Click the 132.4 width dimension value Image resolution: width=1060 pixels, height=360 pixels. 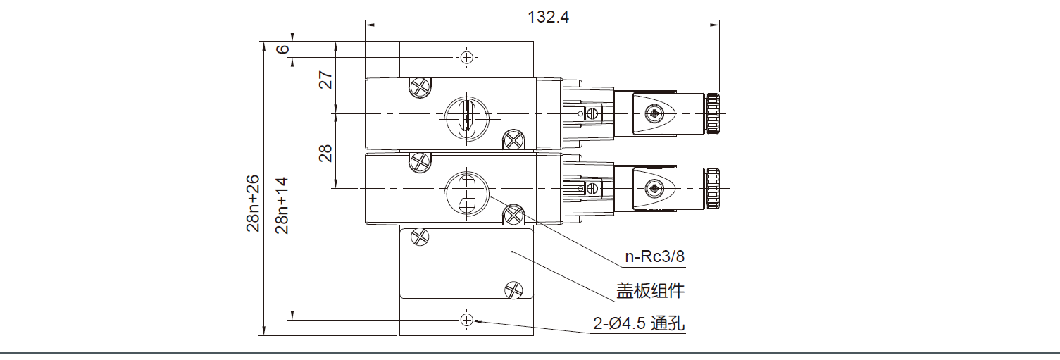[x=548, y=17]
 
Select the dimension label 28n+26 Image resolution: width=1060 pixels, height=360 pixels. [x=254, y=204]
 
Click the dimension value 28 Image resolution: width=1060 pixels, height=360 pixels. [x=325, y=153]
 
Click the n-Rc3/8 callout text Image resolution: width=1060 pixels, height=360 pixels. [x=655, y=257]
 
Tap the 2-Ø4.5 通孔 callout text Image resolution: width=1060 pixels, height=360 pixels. [x=639, y=324]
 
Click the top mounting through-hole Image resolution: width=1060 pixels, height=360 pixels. [x=466, y=57]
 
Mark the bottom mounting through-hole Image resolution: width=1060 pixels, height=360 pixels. [x=466, y=320]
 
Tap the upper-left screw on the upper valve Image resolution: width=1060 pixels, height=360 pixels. [x=420, y=87]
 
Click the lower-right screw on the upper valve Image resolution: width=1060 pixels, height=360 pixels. [x=514, y=140]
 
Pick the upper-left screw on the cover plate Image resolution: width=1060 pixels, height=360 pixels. [x=420, y=237]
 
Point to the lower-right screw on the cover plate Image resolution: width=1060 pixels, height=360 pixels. [x=514, y=289]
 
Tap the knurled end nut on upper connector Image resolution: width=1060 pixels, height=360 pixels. [x=713, y=113]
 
